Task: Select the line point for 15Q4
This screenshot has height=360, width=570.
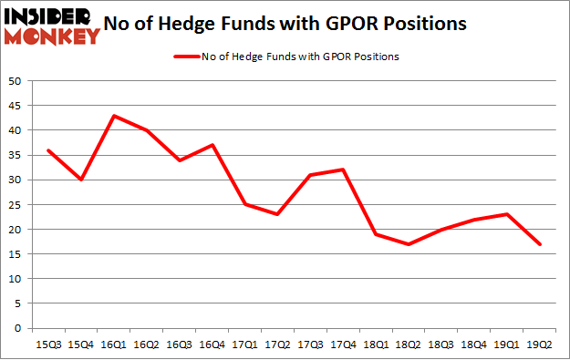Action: point(81,180)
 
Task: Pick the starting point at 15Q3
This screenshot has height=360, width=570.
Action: point(48,150)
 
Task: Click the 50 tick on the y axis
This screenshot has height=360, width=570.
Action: point(16,81)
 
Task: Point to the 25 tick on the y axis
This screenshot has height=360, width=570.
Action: point(16,205)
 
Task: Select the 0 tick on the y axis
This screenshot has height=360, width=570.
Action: point(18,328)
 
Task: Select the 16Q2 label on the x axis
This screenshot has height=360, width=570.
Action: point(149,345)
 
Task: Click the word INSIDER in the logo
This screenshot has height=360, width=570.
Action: point(51,16)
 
